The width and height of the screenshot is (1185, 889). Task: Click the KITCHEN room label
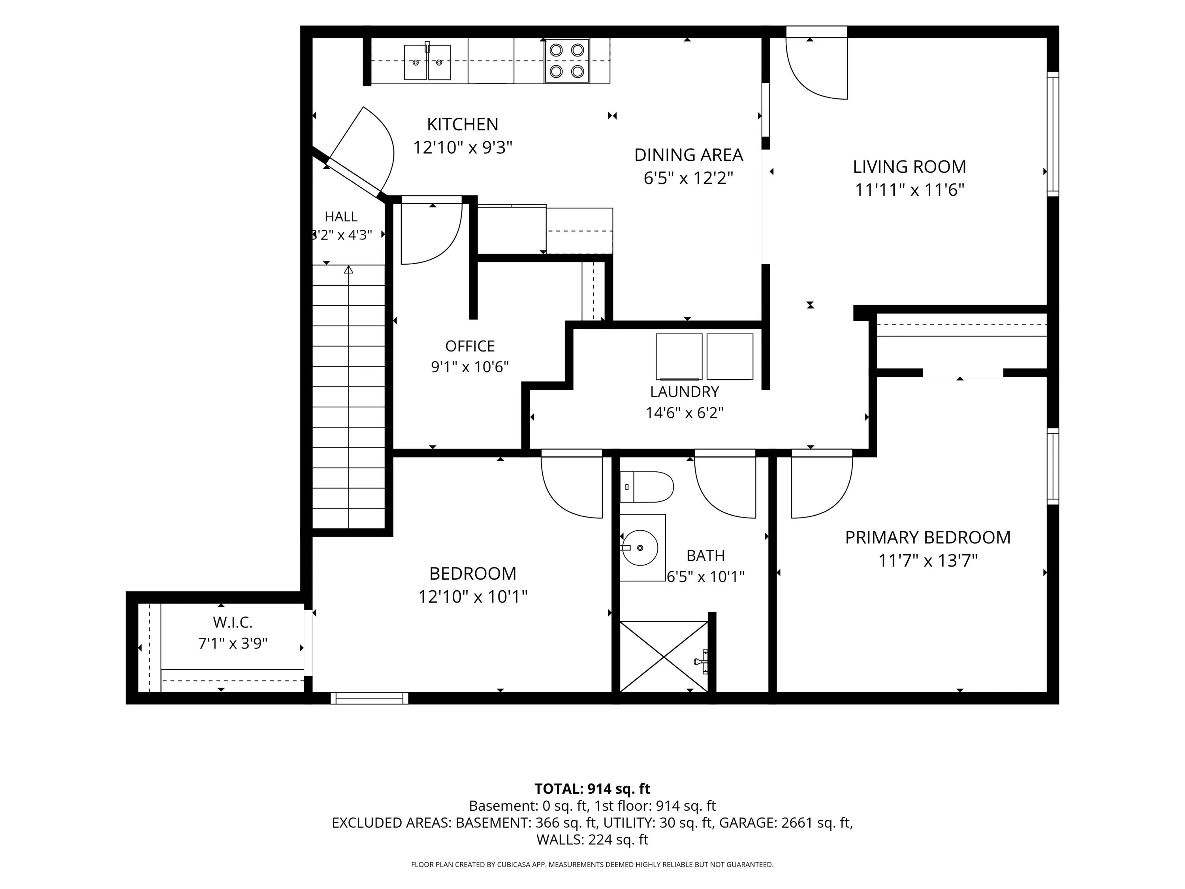pyautogui.click(x=462, y=124)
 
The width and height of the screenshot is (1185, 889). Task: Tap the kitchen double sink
pyautogui.click(x=427, y=62)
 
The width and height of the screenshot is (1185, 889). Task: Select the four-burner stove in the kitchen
pyautogui.click(x=567, y=60)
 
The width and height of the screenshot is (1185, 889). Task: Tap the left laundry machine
pyautogui.click(x=679, y=357)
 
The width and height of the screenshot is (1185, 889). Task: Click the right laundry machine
pyautogui.click(x=730, y=357)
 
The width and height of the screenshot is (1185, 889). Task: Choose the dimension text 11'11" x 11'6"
pyautogui.click(x=910, y=190)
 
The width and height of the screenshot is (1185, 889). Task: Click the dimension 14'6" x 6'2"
pyautogui.click(x=684, y=413)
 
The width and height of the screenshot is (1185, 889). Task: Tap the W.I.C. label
pyautogui.click(x=233, y=622)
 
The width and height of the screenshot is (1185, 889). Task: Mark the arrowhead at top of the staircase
pyautogui.click(x=349, y=269)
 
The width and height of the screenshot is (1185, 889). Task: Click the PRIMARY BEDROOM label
pyautogui.click(x=928, y=537)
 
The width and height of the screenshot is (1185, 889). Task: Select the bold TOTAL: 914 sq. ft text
pyautogui.click(x=592, y=789)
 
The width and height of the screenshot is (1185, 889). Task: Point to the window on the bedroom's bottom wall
pyautogui.click(x=369, y=698)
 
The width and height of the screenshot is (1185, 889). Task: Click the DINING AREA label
pyautogui.click(x=688, y=155)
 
